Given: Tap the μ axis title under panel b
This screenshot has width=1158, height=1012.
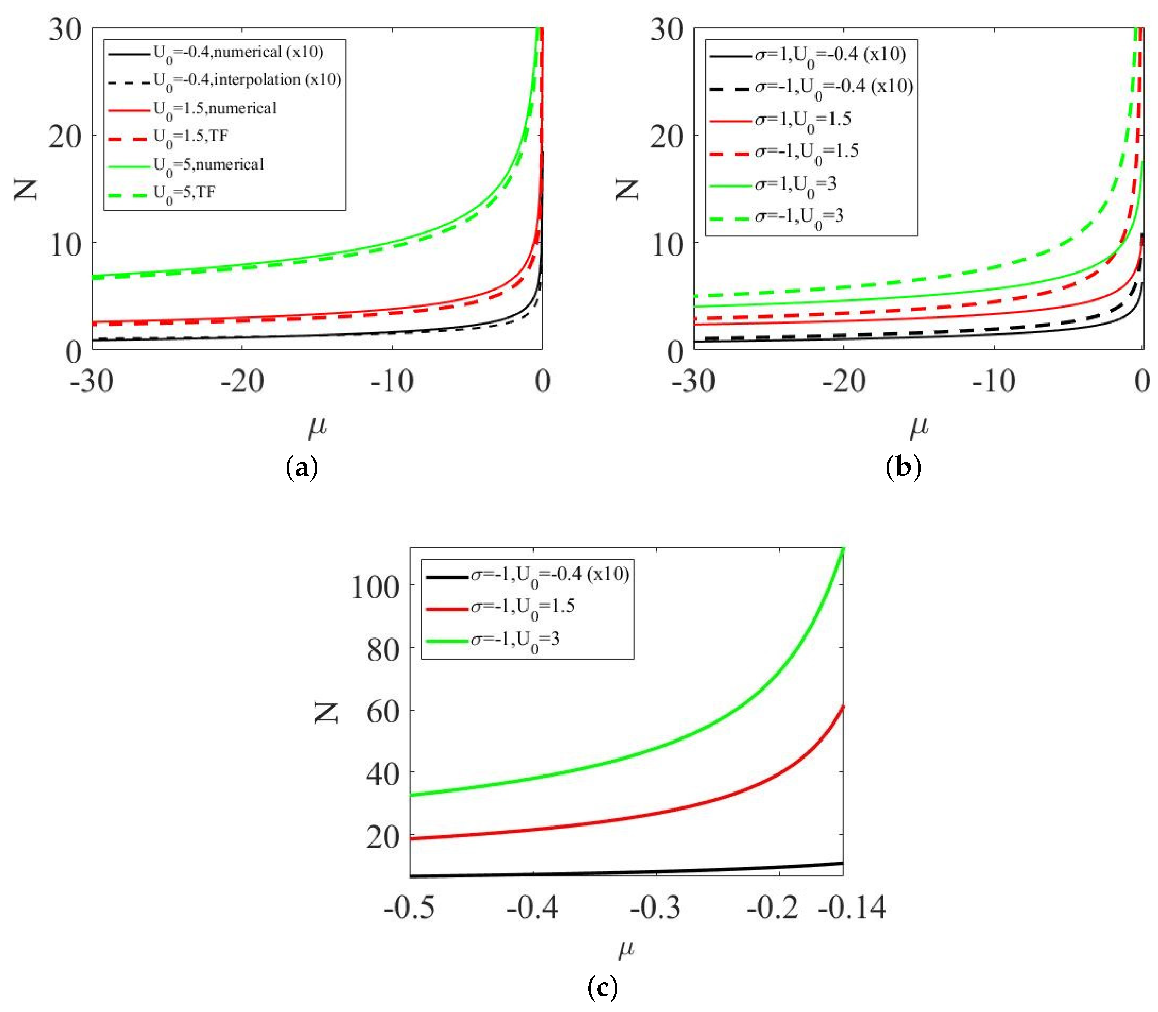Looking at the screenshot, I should [x=919, y=428].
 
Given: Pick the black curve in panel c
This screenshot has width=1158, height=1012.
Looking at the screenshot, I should [x=621, y=873].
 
